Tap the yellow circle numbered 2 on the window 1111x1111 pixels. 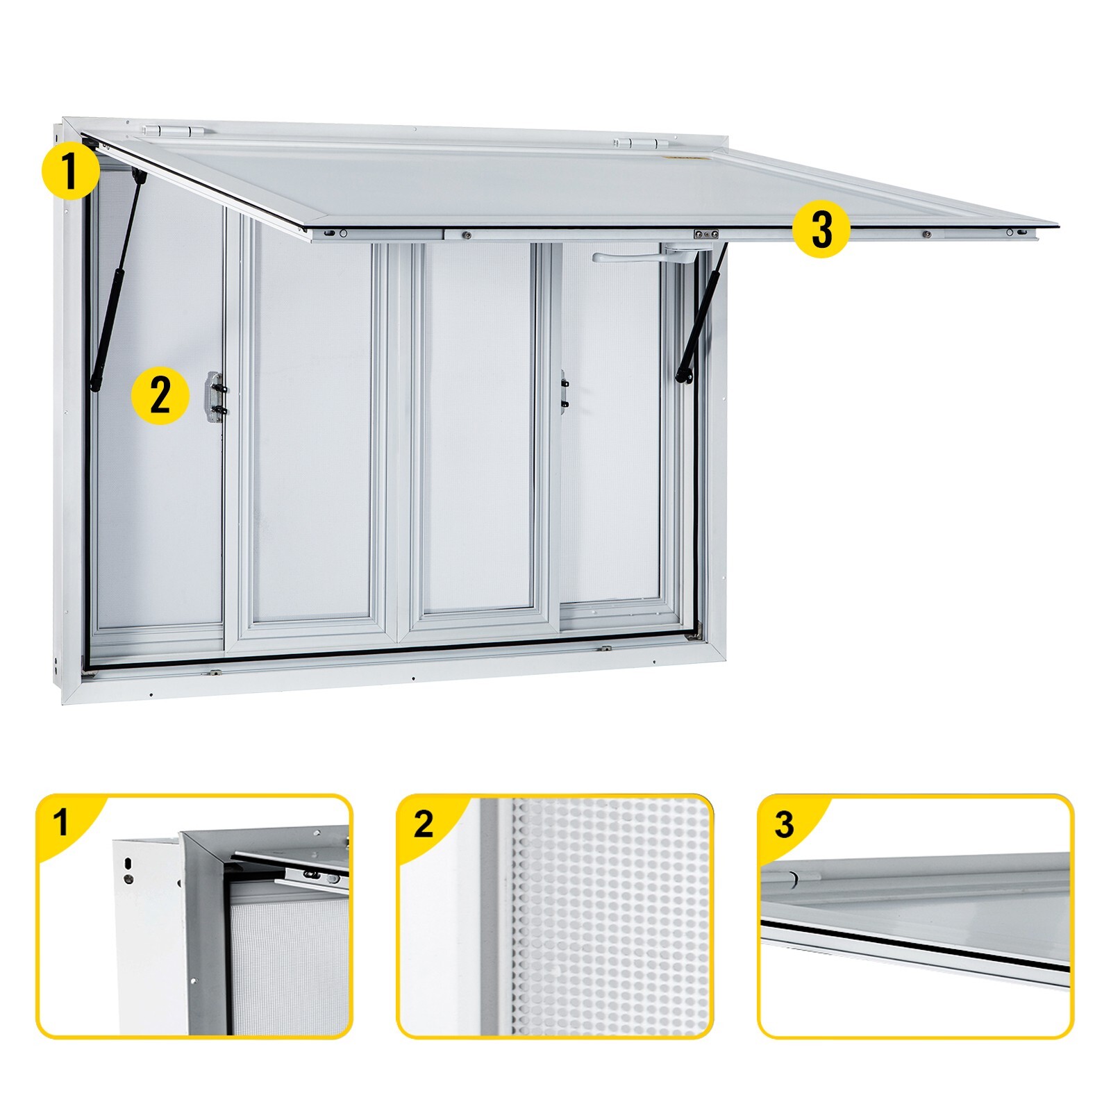[x=160, y=396]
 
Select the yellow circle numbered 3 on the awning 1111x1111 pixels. [x=821, y=230]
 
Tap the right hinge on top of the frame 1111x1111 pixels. [x=640, y=143]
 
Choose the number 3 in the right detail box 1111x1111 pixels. [x=784, y=824]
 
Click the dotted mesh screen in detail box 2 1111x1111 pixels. [x=611, y=917]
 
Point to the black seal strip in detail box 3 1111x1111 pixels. [x=915, y=944]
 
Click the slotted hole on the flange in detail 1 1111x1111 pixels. [x=128, y=862]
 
